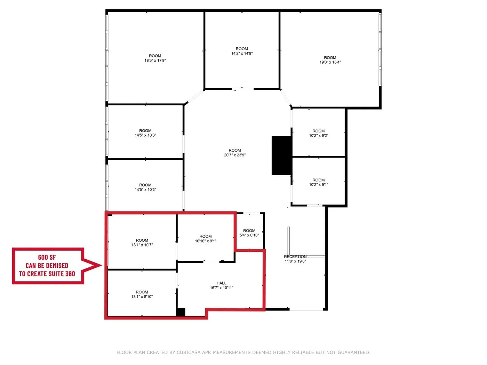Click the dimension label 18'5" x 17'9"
[x=155, y=60]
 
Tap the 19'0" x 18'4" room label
[x=330, y=62]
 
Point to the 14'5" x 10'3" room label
[x=145, y=135]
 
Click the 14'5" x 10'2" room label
[x=145, y=189]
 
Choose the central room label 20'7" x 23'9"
[x=235, y=155]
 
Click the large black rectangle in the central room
[x=281, y=155]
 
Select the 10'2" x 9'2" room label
[x=318, y=136]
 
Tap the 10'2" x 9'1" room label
[x=318, y=185]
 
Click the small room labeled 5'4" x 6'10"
[x=249, y=233]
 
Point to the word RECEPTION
[x=295, y=257]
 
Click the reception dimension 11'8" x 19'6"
[x=295, y=261]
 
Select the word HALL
[x=222, y=283]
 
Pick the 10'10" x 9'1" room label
[x=206, y=241]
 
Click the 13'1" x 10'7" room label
[x=142, y=245]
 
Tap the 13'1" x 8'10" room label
[x=142, y=297]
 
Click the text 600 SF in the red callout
[x=47, y=257]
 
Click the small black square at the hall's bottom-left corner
[x=181, y=312]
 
